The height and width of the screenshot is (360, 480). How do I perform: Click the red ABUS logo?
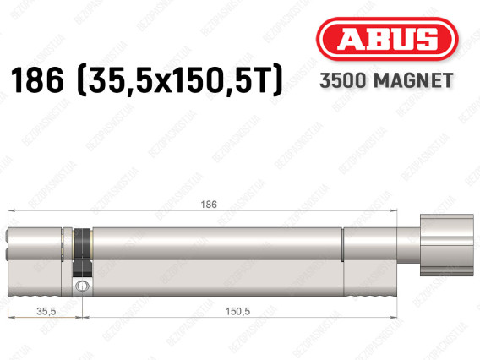tap(387, 39)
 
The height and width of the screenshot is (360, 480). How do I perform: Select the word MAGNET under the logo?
tap(413, 80)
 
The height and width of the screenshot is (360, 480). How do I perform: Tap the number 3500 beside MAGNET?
tap(343, 80)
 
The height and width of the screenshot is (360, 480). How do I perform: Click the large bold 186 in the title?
tap(37, 80)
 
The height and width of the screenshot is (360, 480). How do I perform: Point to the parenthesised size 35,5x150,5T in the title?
tap(180, 80)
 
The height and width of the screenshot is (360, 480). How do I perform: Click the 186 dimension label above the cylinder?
tap(209, 205)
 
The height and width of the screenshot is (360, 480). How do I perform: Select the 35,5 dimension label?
tap(46, 311)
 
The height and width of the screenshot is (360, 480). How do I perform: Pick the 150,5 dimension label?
tap(237, 311)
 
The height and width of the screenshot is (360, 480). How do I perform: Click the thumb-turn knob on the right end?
tap(447, 245)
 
